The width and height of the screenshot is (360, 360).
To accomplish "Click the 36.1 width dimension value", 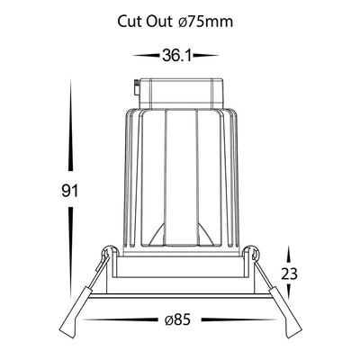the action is pyautogui.click(x=176, y=56).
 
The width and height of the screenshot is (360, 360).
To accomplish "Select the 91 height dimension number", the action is pyautogui.click(x=69, y=191).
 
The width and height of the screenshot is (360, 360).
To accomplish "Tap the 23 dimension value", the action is pyautogui.click(x=289, y=274).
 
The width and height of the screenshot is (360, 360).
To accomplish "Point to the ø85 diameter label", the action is pyautogui.click(x=177, y=319).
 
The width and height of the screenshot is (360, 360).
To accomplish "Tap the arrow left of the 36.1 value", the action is pyautogui.click(x=146, y=56).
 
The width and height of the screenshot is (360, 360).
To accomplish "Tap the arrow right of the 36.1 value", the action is pyautogui.click(x=206, y=56).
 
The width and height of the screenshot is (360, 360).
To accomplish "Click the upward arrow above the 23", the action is pyautogui.click(x=289, y=256).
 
